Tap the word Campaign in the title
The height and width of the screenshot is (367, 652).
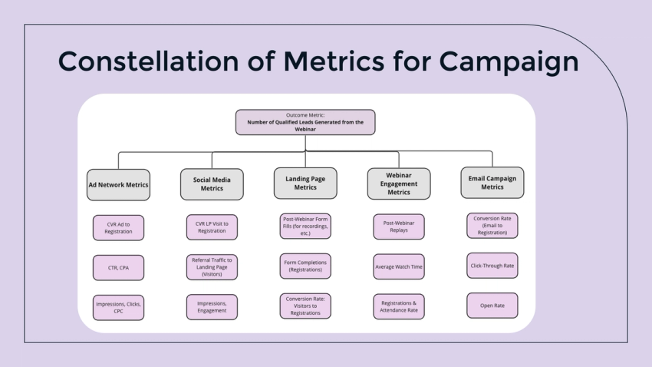(509, 61)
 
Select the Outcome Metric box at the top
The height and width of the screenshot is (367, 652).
(305, 122)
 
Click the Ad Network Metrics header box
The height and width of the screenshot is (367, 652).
(118, 184)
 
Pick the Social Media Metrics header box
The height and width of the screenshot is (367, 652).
(212, 184)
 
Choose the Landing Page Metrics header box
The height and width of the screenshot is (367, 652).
(305, 183)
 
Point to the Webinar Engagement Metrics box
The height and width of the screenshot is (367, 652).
(399, 183)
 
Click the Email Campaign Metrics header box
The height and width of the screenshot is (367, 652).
(492, 183)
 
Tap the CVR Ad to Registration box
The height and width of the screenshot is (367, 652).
(118, 227)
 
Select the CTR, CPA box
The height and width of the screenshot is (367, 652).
(118, 267)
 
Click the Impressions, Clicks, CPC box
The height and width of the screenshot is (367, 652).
(118, 307)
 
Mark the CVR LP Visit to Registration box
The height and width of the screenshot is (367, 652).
(212, 227)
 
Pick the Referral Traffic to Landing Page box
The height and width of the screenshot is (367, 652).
(212, 267)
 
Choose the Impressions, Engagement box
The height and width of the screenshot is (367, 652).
(212, 307)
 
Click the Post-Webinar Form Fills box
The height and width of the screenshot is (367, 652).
(305, 226)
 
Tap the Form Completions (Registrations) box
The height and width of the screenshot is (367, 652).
(305, 266)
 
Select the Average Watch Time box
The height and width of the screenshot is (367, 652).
(399, 266)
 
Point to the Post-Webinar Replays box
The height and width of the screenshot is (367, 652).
(399, 226)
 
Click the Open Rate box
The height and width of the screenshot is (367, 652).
(492, 305)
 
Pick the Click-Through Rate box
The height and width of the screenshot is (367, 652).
(492, 266)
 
